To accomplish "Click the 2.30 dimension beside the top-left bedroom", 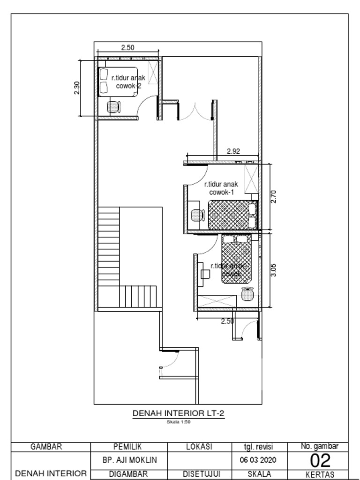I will coord(77,88).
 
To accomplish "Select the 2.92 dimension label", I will coord(233,151).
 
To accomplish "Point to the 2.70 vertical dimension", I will coord(274,196).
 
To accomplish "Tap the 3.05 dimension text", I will coord(274,270).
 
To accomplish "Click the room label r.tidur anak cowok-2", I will coord(128,82).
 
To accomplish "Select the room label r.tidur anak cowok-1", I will coord(222,188).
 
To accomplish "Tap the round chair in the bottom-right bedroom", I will coord(247,294).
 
